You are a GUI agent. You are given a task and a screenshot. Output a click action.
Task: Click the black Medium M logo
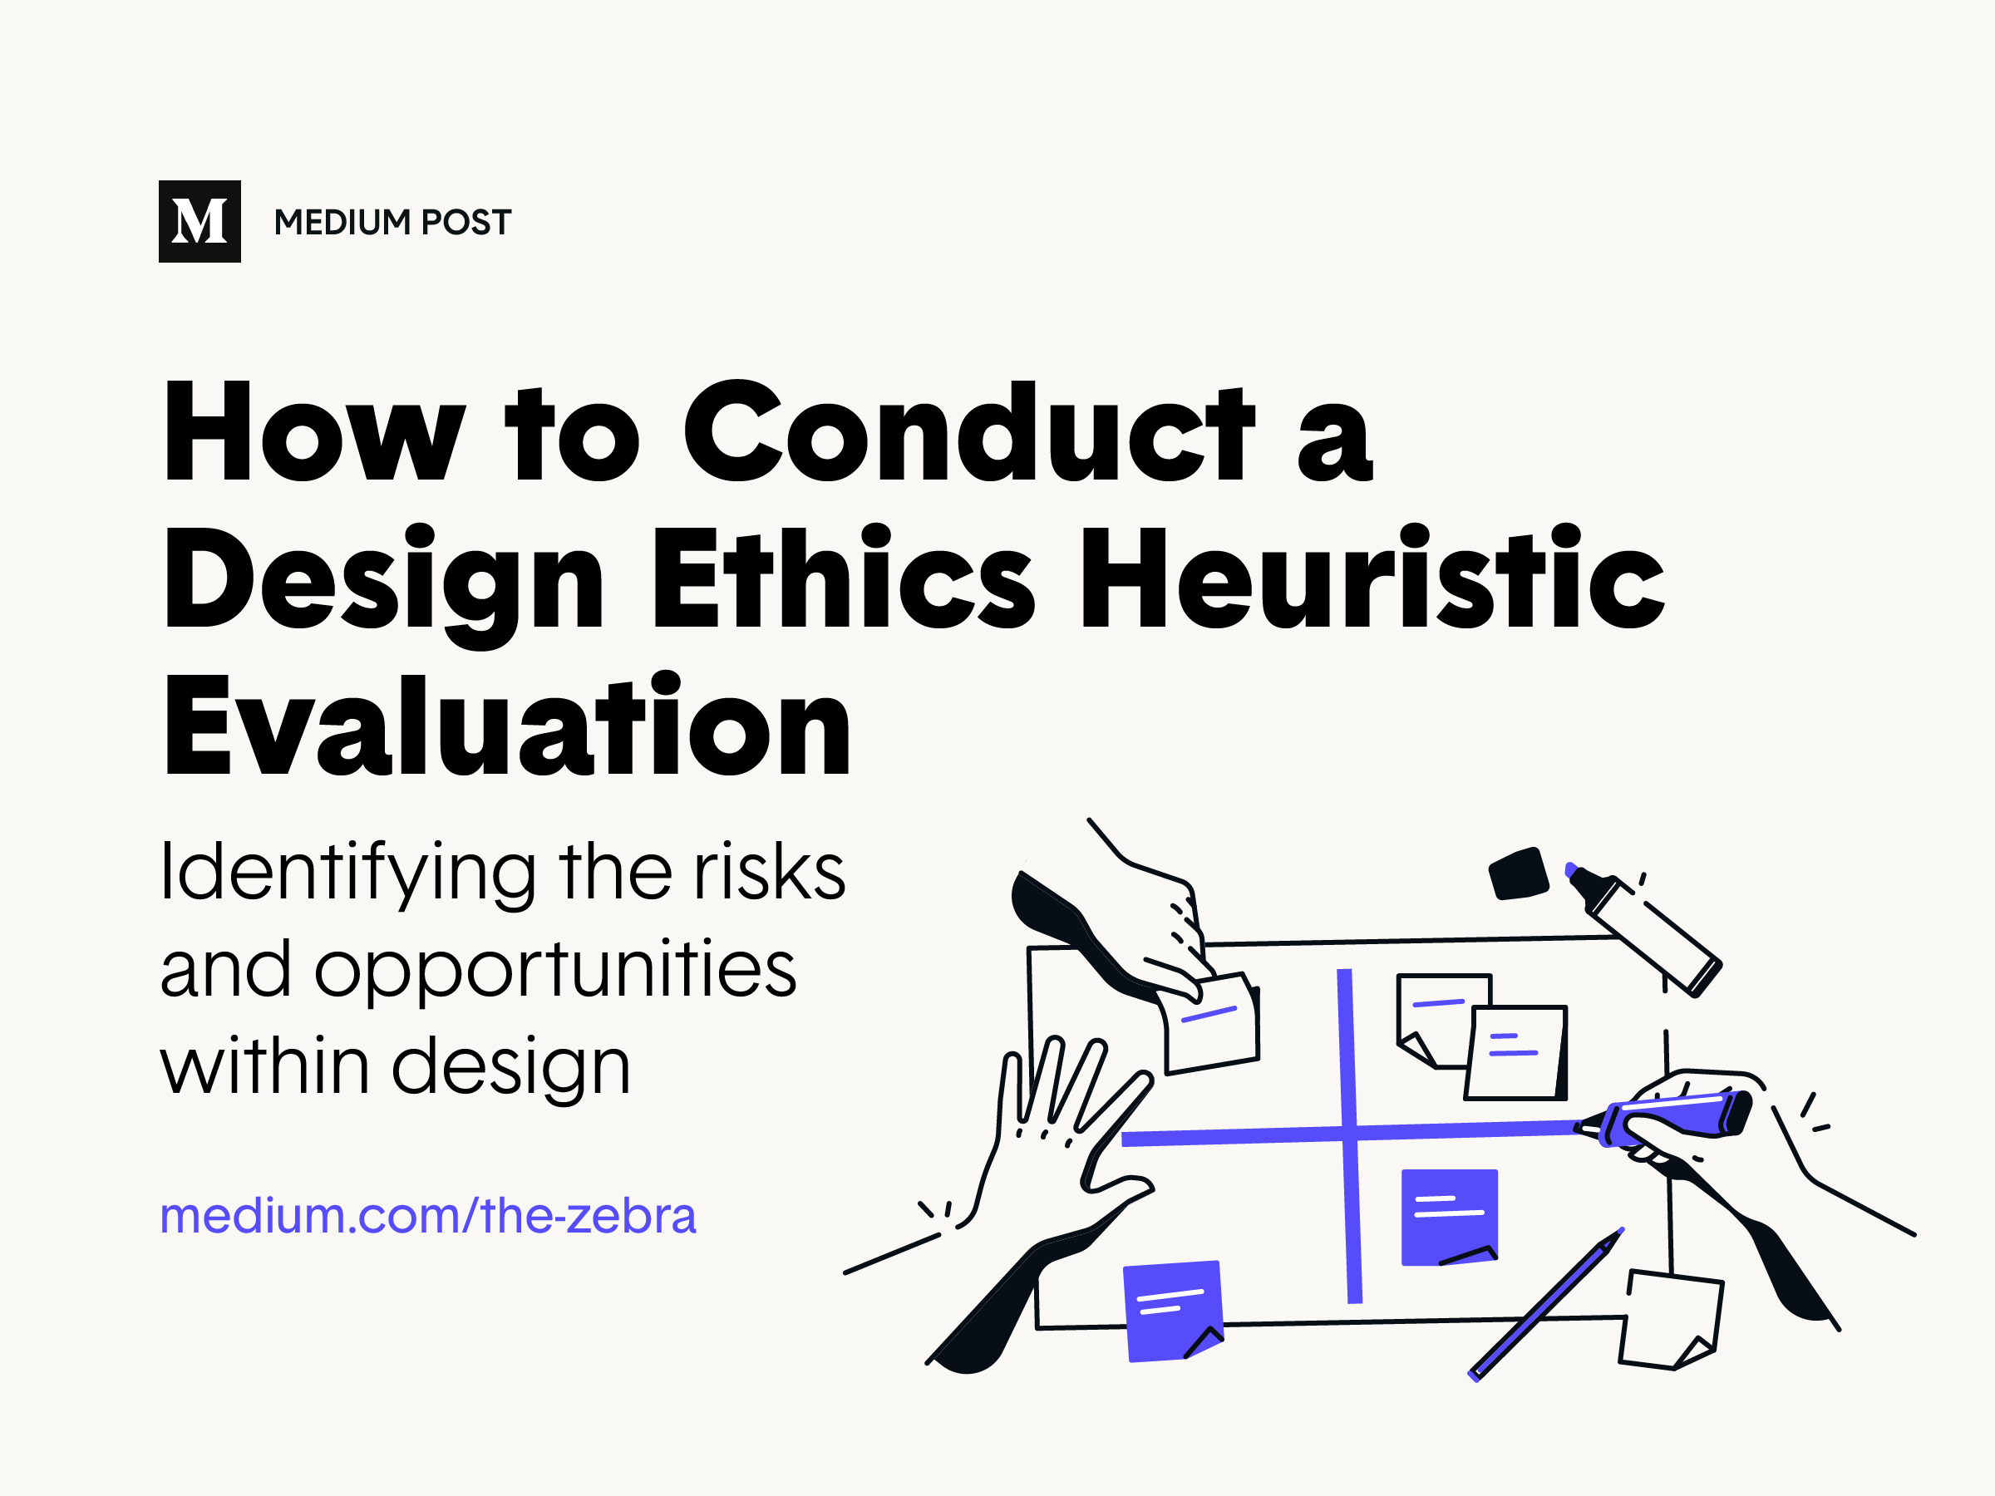[x=199, y=221]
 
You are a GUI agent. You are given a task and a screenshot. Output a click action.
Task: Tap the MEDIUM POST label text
[x=392, y=223]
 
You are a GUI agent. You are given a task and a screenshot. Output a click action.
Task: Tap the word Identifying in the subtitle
[x=347, y=873]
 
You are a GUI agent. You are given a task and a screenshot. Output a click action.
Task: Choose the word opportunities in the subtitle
[x=554, y=970]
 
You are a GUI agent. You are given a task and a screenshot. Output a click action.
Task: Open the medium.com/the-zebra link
[x=427, y=1216]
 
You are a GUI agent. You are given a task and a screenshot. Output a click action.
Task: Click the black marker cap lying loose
[x=1518, y=873]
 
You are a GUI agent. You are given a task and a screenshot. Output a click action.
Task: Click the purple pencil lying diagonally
[x=1546, y=1303]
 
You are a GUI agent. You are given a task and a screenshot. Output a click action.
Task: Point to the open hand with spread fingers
[x=1064, y=1136]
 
